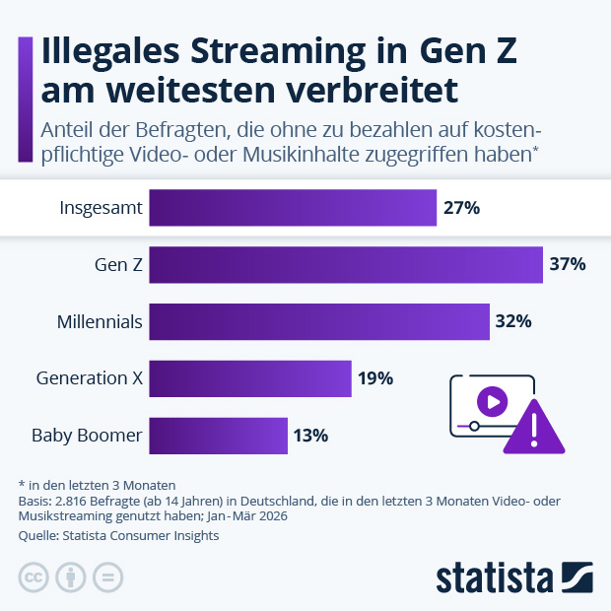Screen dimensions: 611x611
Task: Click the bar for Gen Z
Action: (345, 264)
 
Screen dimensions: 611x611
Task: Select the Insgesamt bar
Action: (292, 208)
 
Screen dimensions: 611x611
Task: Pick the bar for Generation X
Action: (249, 377)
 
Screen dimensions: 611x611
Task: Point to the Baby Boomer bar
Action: (218, 435)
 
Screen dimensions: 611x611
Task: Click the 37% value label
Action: (568, 264)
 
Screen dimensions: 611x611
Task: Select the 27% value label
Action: (461, 208)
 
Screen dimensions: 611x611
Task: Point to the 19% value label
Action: (375, 377)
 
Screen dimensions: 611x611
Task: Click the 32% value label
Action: (514, 321)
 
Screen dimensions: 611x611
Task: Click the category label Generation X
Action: (90, 377)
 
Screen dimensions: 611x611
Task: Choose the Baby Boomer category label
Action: (87, 435)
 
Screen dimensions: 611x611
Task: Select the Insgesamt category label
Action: (102, 208)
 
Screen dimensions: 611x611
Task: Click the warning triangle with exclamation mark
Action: (532, 427)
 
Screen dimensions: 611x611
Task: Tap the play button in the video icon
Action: (492, 400)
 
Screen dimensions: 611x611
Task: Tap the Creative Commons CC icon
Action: (34, 577)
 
